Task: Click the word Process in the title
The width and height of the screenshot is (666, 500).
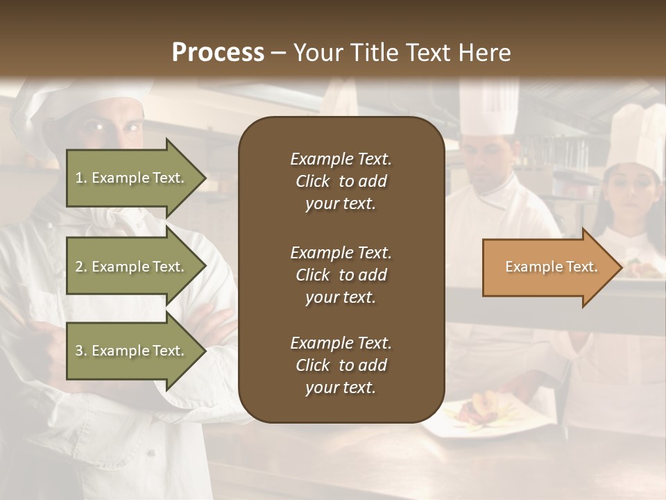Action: [x=218, y=53]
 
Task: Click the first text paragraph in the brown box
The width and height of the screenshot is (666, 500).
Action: [x=341, y=181]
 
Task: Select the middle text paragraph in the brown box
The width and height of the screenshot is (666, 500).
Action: [x=341, y=275]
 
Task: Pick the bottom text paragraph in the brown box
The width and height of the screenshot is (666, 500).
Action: [x=341, y=365]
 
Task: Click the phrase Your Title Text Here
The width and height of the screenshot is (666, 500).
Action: [x=402, y=53]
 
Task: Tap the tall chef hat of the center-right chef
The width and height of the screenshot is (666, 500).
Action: [x=489, y=108]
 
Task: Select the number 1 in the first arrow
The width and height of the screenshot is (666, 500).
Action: [x=79, y=178]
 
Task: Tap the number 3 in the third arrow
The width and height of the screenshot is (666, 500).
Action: [x=79, y=351]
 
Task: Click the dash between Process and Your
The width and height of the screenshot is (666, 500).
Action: [x=278, y=53]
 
